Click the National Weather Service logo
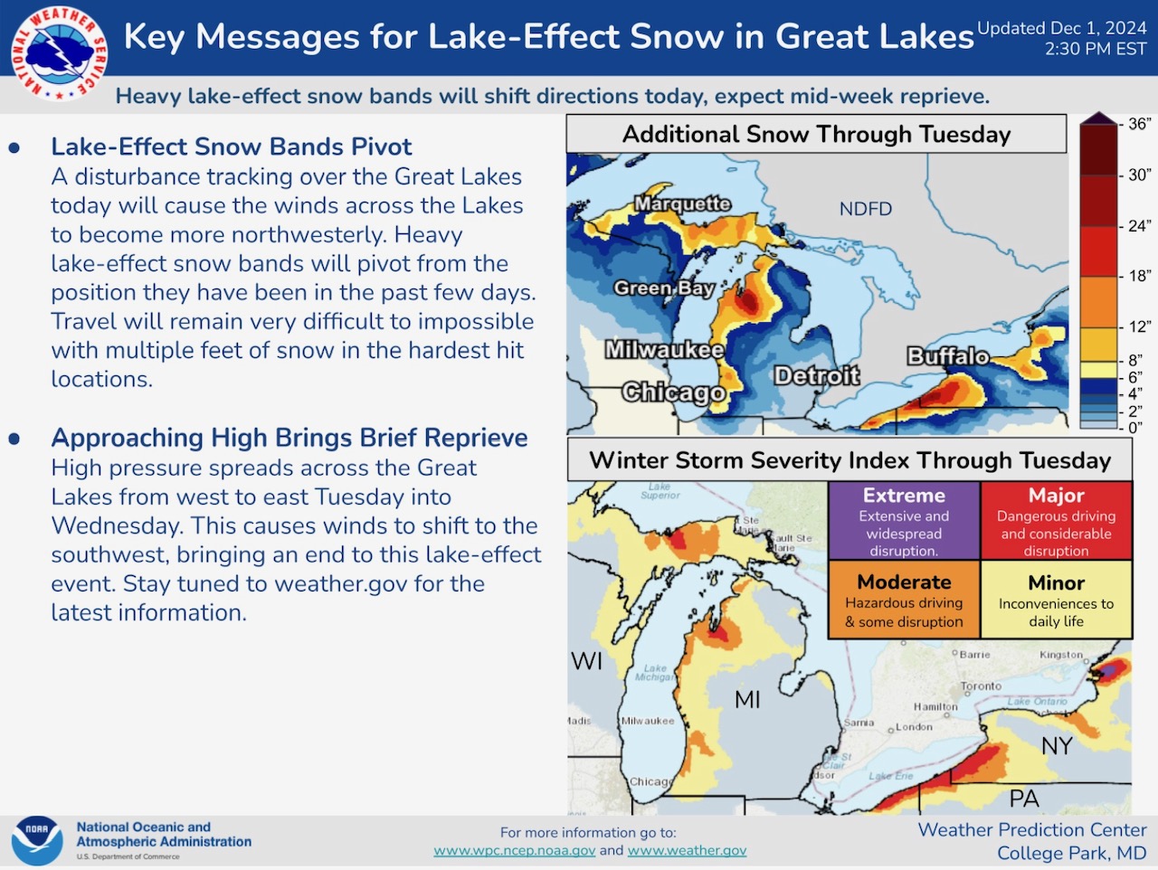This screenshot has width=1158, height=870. (x=59, y=53)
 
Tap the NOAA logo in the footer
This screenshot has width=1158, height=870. (x=37, y=842)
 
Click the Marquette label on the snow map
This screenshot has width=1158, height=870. (x=683, y=203)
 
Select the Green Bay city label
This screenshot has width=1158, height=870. (x=664, y=288)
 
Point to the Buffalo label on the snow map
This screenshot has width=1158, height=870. (x=948, y=356)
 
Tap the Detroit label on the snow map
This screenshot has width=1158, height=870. (x=817, y=376)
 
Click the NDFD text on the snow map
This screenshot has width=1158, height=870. (x=866, y=209)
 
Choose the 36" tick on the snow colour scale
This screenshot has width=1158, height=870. (x=1134, y=124)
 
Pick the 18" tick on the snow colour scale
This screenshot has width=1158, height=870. (x=1134, y=276)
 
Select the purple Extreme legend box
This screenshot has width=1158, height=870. (x=905, y=520)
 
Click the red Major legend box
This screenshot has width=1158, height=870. (x=1056, y=520)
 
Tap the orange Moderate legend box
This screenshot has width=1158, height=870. (x=905, y=600)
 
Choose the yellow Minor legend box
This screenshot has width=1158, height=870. (x=1056, y=600)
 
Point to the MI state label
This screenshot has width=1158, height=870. (x=747, y=700)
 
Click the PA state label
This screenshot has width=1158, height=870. (x=1024, y=799)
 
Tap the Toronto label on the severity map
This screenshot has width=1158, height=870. (x=981, y=686)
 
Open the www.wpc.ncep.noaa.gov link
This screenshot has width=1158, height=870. (x=515, y=850)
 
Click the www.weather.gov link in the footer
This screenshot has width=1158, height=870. (x=687, y=850)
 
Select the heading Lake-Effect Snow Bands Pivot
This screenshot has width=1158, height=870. (x=231, y=147)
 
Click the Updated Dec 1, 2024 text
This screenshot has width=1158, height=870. (x=1061, y=28)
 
